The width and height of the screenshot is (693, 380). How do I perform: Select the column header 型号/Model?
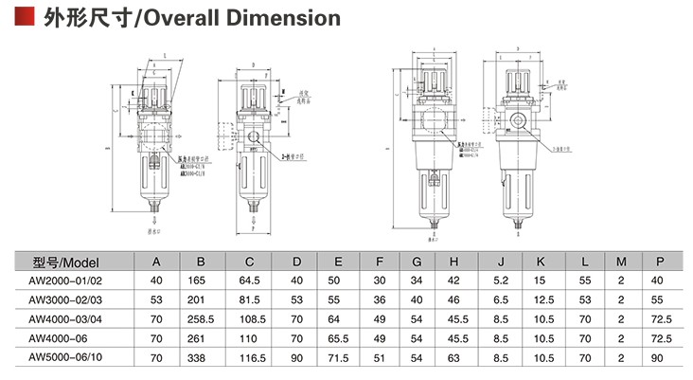[65, 262]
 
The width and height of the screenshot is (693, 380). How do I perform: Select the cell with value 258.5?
[201, 318]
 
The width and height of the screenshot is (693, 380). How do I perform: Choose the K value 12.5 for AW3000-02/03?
[542, 299]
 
